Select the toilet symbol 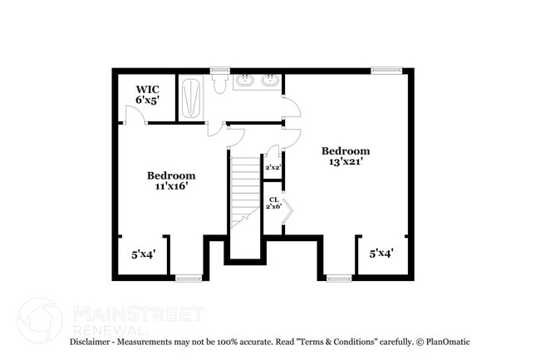[x=220, y=85]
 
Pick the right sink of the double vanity [x=269, y=81]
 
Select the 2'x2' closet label [x=272, y=168]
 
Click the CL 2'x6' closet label [x=273, y=202]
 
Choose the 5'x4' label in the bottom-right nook [x=381, y=253]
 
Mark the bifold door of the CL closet [x=287, y=213]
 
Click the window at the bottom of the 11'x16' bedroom [x=189, y=278]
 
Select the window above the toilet [x=220, y=71]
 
